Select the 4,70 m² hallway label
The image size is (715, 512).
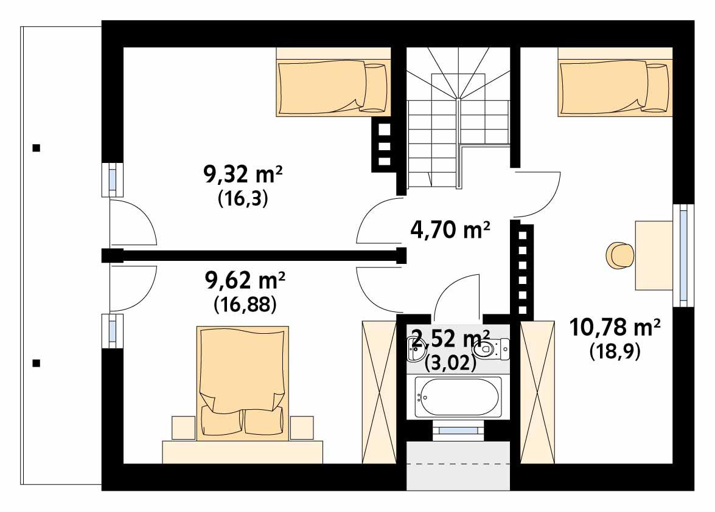tap(448, 230)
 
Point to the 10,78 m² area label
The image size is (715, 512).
tap(615, 328)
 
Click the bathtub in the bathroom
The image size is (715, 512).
tap(458, 397)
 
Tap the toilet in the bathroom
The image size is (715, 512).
tap(493, 348)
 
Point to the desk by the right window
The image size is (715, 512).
tap(654, 255)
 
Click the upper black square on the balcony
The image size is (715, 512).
tap(37, 147)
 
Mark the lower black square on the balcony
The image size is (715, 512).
tap(37, 364)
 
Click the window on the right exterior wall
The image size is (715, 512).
tap(683, 255)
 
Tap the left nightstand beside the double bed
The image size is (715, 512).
tap(183, 427)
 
